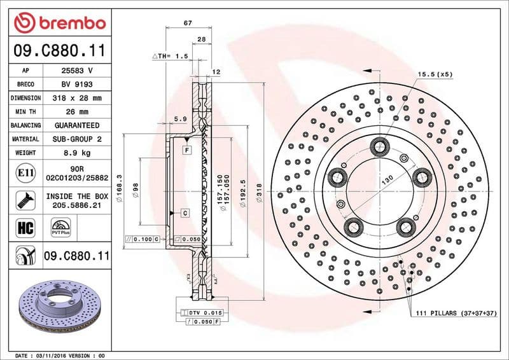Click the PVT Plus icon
pyautogui.click(x=62, y=226)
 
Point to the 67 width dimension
pyautogui.click(x=188, y=23)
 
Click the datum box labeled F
pyautogui.click(x=187, y=150)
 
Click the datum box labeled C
pyautogui.click(x=185, y=212)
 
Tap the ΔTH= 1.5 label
pyautogui.click(x=170, y=56)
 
